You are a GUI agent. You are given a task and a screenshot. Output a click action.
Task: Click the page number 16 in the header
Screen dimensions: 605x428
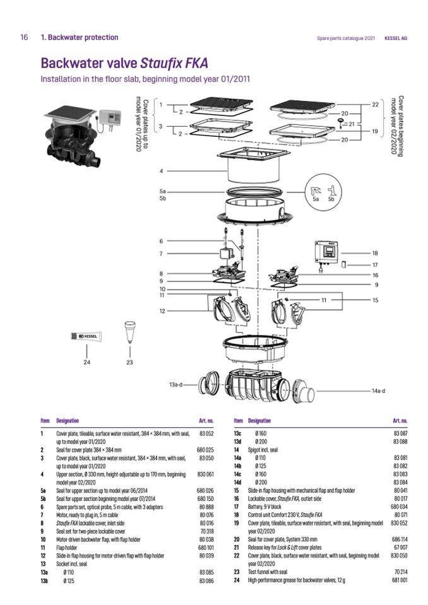point(24,37)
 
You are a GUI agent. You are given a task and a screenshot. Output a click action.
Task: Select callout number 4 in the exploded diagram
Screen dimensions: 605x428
point(162,171)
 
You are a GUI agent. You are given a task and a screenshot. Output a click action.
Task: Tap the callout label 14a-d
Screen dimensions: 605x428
point(377,391)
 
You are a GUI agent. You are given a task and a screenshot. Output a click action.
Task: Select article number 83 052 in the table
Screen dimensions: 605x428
point(207,434)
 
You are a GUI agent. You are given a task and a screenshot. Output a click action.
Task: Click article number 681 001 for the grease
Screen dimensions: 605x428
point(400,579)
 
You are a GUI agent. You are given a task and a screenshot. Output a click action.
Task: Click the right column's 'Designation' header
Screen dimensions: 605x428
point(259,420)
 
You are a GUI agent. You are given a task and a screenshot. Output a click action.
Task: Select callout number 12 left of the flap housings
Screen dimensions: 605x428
point(162,311)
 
